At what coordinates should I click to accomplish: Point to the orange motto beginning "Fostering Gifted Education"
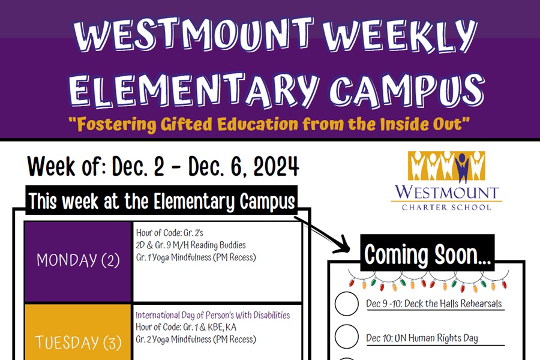(268, 124)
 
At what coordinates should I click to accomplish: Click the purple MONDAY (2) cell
(78, 260)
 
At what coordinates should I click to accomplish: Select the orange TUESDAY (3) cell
(78, 342)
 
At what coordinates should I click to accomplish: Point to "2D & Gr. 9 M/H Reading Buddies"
(191, 245)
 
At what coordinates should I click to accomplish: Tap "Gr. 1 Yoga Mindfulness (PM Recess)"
(196, 257)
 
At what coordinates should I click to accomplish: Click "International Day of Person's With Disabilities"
(212, 315)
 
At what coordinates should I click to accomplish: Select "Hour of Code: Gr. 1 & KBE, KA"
(186, 327)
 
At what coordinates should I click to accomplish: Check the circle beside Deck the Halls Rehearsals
(346, 304)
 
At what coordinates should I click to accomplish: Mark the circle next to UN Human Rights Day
(346, 337)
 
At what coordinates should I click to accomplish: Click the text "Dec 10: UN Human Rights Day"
(422, 338)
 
